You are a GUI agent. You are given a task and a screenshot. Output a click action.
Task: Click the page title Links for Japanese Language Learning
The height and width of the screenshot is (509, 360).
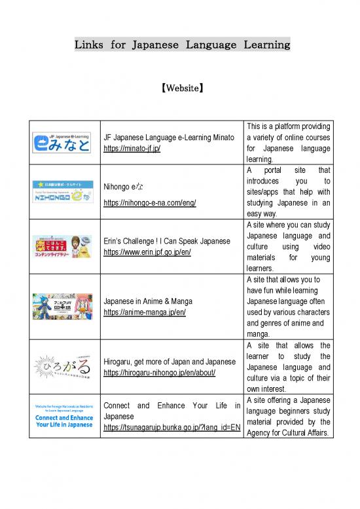[182, 45]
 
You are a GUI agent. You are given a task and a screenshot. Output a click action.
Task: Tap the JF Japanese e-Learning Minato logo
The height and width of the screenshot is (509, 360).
[62, 142]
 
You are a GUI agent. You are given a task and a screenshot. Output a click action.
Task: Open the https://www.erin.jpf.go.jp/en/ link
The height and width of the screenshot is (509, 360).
[147, 252]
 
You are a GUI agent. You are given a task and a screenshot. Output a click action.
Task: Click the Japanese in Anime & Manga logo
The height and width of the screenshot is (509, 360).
[62, 306]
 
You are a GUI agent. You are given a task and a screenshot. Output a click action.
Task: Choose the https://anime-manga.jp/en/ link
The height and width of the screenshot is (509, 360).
[145, 312]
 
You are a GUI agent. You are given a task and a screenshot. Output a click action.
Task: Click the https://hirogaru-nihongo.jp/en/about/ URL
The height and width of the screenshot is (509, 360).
[160, 373]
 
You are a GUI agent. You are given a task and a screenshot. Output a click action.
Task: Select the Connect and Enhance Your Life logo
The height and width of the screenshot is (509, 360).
[62, 417]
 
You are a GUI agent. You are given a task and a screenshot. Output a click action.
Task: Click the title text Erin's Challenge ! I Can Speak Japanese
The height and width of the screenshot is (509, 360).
[167, 241]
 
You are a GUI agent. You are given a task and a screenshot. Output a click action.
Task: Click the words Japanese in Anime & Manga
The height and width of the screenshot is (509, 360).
[148, 301]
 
